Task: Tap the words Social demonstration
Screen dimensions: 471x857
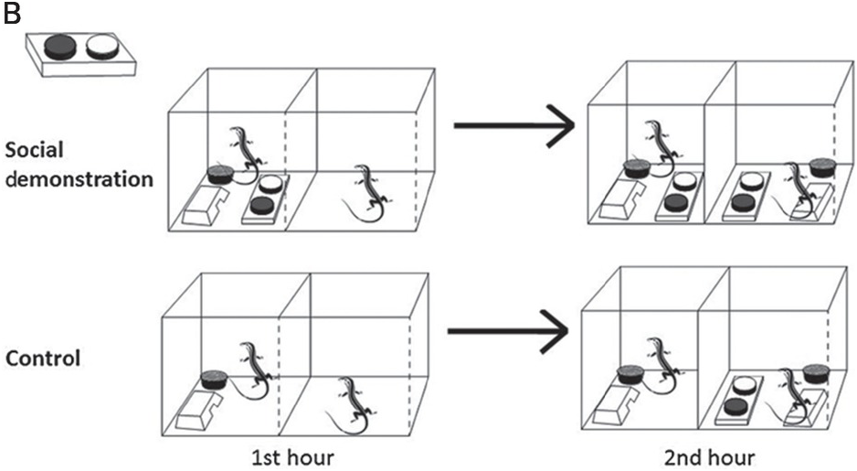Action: click(x=77, y=164)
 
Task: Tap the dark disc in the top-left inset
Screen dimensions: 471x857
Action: click(x=58, y=47)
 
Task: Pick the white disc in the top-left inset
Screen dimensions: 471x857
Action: click(x=101, y=47)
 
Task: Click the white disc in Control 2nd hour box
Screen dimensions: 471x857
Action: click(x=746, y=385)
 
